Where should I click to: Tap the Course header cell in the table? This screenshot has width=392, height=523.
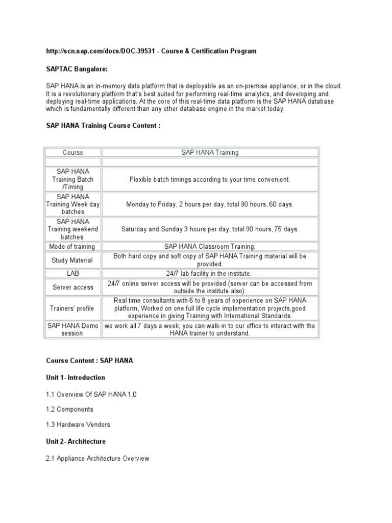(73, 153)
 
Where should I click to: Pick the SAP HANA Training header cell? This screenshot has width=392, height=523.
(210, 153)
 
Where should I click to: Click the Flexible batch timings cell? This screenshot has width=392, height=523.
(210, 180)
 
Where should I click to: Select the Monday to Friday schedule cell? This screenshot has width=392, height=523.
(210, 204)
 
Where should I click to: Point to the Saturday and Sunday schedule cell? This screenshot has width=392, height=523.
(210, 229)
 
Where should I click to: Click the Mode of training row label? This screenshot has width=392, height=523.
(73, 247)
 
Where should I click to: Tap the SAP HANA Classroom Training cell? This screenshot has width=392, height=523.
(210, 247)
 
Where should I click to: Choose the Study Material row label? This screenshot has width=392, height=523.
(73, 260)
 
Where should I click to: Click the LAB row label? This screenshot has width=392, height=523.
(73, 274)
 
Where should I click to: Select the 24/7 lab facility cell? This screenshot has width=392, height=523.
(210, 274)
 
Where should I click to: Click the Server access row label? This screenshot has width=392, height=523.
(73, 287)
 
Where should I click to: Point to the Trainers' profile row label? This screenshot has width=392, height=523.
(73, 308)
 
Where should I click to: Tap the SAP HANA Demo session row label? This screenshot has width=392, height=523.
(73, 329)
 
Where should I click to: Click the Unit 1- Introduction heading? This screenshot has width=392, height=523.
(76, 378)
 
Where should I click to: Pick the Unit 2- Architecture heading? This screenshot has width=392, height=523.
(76, 441)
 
